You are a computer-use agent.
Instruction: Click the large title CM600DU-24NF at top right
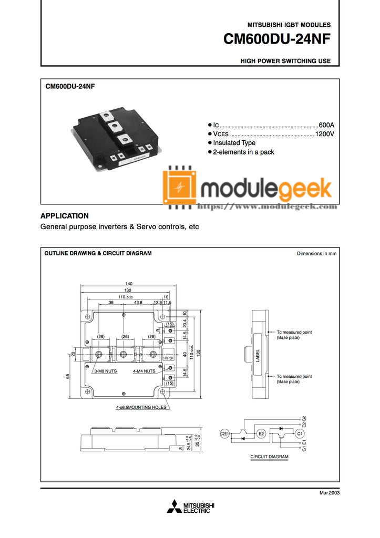coord(277,40)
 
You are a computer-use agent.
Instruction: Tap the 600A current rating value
coord(326,125)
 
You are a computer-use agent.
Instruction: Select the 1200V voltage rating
coord(324,134)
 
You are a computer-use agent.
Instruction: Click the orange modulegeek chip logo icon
coord(179,187)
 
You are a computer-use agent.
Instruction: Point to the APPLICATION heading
coord(65,216)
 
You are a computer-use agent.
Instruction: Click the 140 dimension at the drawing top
coord(129,284)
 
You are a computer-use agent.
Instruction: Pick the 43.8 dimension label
coord(138,303)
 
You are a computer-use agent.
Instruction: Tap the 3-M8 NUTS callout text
coord(105,371)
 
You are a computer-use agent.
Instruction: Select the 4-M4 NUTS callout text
coord(144,371)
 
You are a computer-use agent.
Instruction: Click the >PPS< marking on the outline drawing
coord(169,358)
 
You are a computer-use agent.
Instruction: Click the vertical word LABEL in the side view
coord(258,356)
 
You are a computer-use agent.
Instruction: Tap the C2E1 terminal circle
coord(225,433)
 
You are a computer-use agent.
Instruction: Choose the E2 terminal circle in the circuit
coord(261,433)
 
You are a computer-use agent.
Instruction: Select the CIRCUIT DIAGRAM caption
coord(269,457)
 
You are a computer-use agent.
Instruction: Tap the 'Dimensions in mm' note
coord(316,253)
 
